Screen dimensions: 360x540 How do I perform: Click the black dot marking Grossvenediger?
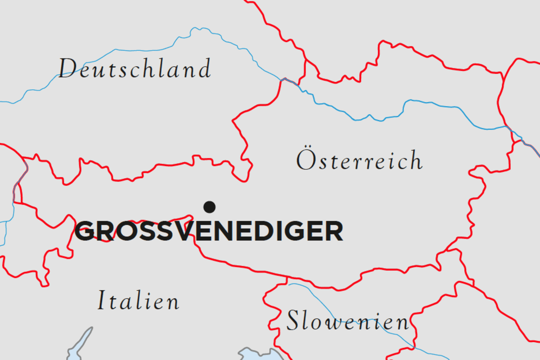tap(209, 207)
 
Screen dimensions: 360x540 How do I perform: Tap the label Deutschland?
tap(135, 69)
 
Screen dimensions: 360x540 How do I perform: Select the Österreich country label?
tap(360, 161)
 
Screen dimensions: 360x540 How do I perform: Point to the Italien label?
tap(139, 301)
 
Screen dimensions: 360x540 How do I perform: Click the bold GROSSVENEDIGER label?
tap(209, 231)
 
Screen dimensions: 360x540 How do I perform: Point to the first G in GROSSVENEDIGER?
tap(85, 231)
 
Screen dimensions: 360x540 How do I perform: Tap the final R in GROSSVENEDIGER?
tap(333, 231)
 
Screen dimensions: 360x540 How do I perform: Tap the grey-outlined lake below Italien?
tap(80, 344)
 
